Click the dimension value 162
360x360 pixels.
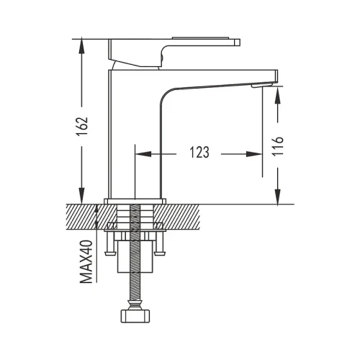(x=82, y=127)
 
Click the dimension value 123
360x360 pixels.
(x=199, y=153)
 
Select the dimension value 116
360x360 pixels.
(x=278, y=147)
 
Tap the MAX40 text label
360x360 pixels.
(x=86, y=261)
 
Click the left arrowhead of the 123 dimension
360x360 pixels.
(x=143, y=154)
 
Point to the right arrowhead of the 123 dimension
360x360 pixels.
(x=254, y=154)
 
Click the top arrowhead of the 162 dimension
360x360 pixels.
(x=82, y=48)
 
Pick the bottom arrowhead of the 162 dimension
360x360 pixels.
(x=82, y=196)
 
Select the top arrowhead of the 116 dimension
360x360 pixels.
(x=278, y=95)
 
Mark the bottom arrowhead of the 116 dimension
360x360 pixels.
(x=278, y=197)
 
